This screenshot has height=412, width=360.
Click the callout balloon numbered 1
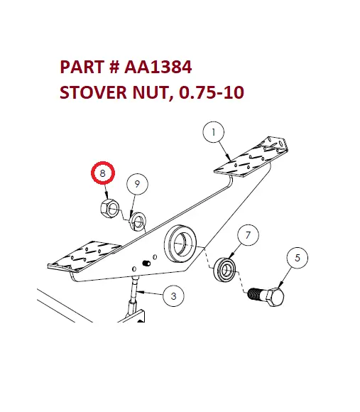(x=213, y=131)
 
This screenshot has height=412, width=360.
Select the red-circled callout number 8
(x=103, y=173)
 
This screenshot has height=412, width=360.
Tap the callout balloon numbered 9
(x=138, y=184)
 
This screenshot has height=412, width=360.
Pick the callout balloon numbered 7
(x=246, y=235)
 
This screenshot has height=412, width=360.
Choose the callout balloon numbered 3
(x=173, y=296)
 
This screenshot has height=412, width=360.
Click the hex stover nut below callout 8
(x=107, y=209)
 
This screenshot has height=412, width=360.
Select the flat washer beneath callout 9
(x=138, y=220)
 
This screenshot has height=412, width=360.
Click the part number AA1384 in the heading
(x=158, y=68)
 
